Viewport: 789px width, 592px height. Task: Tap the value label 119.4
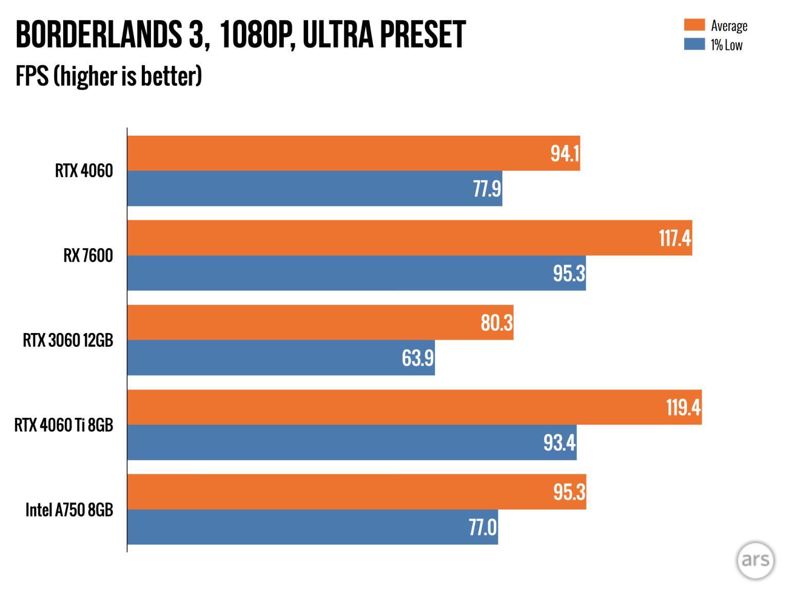[683, 408]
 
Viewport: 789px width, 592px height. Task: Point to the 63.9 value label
[418, 358]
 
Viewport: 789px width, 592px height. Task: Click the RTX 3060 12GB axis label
[68, 340]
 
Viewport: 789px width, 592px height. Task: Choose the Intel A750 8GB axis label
[69, 510]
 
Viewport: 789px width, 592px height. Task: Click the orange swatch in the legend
[694, 25]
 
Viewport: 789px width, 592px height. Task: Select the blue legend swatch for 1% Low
[694, 44]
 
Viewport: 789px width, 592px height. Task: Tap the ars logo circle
[755, 560]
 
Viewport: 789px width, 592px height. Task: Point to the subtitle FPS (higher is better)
[108, 76]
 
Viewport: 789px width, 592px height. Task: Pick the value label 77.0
[482, 528]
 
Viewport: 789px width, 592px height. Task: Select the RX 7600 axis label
[88, 255]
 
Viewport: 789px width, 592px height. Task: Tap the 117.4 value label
[674, 238]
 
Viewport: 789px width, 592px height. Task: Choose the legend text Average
[729, 26]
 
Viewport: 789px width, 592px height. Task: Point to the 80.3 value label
[496, 323]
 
